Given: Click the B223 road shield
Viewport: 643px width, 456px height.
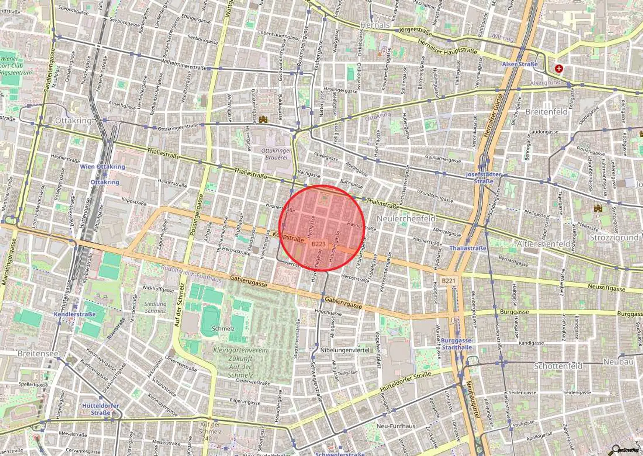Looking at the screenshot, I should click(x=319, y=244).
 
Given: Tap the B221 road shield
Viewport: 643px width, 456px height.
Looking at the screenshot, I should click(x=449, y=280).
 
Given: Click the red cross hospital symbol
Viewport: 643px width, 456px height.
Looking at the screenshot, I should click(x=559, y=68).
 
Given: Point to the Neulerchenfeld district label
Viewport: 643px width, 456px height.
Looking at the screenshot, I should click(x=406, y=219).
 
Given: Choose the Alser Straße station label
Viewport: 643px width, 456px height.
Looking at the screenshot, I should click(x=520, y=64).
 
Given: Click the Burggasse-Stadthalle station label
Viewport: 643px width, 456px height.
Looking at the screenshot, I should click(x=457, y=344).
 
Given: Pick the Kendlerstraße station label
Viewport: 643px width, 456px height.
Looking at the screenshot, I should click(x=75, y=314).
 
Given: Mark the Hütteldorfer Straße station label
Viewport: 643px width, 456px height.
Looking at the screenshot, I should click(x=100, y=409).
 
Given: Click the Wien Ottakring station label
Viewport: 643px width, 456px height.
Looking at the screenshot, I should click(x=102, y=167).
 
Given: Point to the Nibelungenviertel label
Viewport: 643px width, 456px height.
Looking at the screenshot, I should click(x=345, y=350).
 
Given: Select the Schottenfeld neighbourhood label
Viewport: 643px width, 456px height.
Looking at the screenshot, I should click(x=558, y=366).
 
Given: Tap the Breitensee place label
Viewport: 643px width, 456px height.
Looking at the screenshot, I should click(x=38, y=354).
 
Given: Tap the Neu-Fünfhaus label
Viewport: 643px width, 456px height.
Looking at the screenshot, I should click(x=396, y=426).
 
